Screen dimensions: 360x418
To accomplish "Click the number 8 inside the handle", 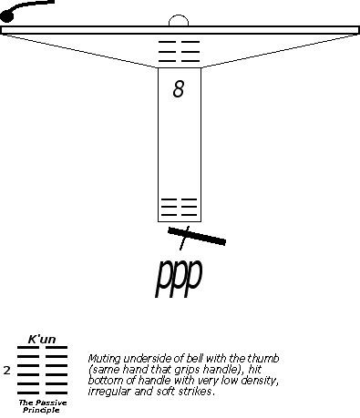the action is [179, 89].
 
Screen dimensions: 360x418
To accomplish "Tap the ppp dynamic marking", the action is [179, 277].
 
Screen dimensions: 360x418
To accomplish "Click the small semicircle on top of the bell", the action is [179, 20].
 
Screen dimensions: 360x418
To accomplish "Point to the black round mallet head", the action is [7, 16].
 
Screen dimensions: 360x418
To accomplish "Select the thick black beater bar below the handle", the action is [197, 236].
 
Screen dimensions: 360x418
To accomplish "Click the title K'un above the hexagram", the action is [42, 339].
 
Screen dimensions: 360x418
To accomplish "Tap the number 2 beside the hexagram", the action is [6, 370].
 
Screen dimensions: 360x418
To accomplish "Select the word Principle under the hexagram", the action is [41, 411].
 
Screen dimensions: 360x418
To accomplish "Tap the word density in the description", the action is [260, 381].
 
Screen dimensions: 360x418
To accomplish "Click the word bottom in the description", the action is [103, 381].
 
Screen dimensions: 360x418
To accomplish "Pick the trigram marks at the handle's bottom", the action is [179, 208].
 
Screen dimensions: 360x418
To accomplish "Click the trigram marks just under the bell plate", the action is [179, 51].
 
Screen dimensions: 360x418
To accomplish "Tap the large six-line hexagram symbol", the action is [42, 370].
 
